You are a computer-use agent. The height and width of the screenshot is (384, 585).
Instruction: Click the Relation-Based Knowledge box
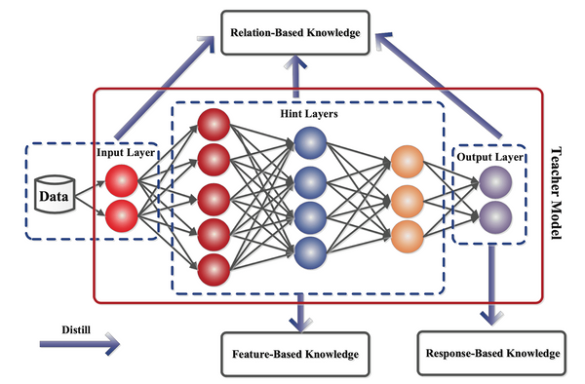294,33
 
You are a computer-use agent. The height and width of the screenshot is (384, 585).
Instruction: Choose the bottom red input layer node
123,214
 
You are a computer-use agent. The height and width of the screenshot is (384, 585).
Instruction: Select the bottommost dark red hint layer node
213,267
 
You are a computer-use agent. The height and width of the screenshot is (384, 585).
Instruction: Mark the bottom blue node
309,248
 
